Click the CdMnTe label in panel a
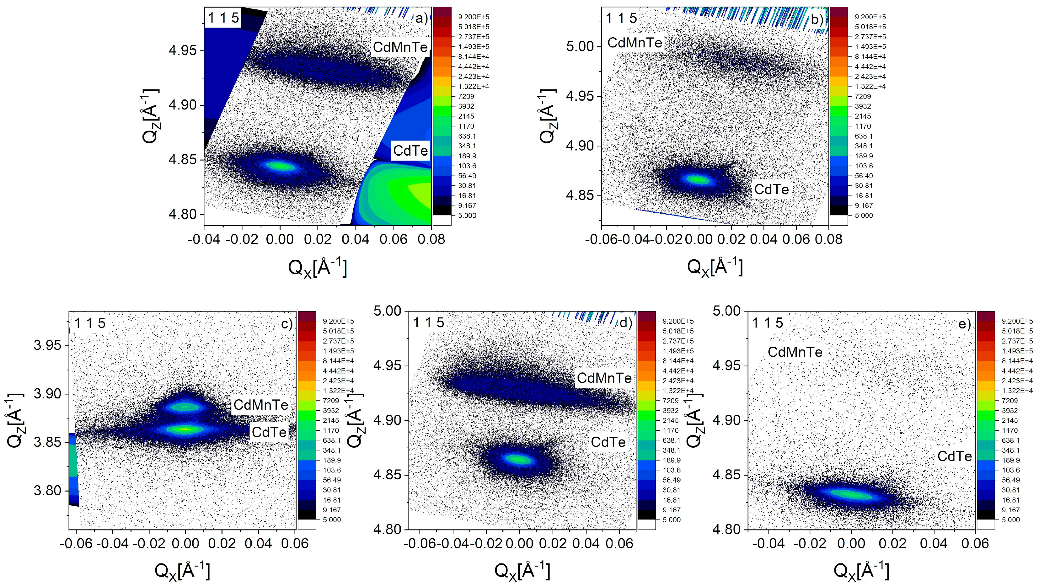coord(400,47)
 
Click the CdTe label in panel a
coord(410,151)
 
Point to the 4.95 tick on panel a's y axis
coord(184,51)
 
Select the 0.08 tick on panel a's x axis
coord(431,239)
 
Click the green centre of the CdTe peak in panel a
coord(280,166)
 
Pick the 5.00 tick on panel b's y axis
coord(580,46)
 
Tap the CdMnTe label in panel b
coord(635,42)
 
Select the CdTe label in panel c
coord(269,432)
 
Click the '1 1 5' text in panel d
coord(428,322)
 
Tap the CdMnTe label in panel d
coord(604,378)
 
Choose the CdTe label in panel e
coord(954,456)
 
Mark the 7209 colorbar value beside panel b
coord(863,96)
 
